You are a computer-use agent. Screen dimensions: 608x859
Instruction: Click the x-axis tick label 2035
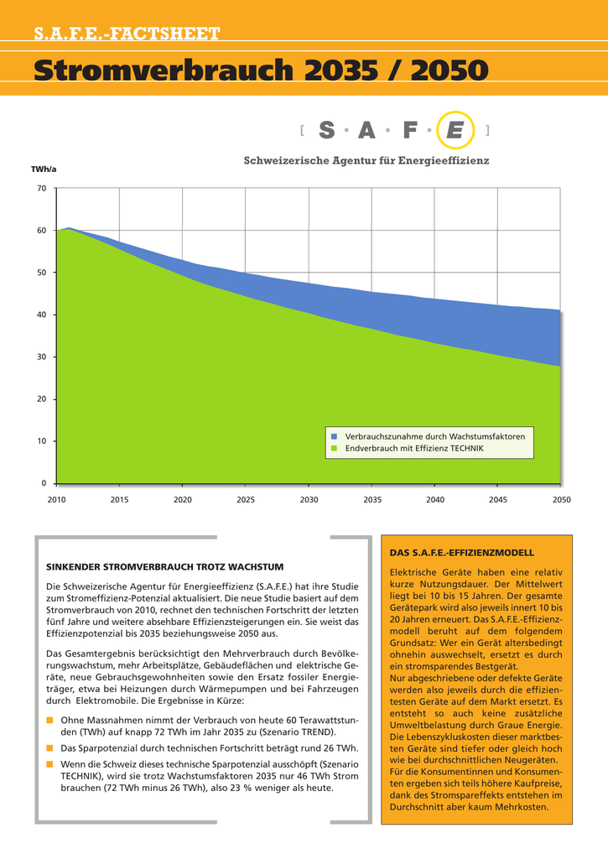point(372,500)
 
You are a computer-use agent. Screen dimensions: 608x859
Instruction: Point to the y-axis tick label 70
point(42,189)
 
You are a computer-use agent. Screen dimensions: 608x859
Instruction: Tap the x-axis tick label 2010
point(56,500)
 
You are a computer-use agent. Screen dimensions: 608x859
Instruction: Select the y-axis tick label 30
point(42,357)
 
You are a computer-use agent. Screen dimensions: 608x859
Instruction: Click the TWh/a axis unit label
point(44,169)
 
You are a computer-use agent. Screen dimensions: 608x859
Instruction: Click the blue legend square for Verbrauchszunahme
point(334,436)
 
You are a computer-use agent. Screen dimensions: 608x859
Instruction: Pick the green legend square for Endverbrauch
point(334,448)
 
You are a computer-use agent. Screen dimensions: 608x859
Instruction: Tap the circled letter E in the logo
point(455,130)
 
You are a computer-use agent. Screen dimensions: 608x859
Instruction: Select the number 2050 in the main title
point(450,70)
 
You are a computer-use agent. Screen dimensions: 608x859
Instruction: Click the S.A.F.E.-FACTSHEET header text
point(127,34)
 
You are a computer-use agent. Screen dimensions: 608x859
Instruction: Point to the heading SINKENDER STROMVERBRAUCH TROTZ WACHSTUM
point(165,567)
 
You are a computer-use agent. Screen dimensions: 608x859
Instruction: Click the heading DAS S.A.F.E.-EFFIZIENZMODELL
point(462,554)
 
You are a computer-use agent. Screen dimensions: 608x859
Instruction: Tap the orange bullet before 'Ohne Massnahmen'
point(49,720)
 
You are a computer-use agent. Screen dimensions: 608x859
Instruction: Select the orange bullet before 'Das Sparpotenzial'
point(49,747)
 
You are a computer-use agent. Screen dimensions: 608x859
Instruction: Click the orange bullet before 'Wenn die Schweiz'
point(49,764)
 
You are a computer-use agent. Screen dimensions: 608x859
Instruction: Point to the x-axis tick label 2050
point(561,500)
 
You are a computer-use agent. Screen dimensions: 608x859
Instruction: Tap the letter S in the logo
point(327,130)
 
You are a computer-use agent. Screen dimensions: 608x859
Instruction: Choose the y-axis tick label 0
point(44,483)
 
